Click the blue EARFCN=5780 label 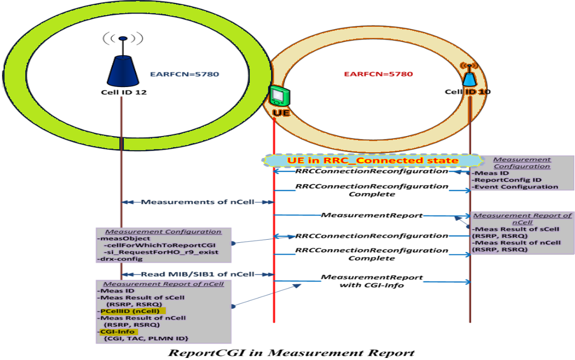click(x=184, y=74)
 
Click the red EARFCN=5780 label click(x=378, y=74)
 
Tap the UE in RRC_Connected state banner click(x=372, y=160)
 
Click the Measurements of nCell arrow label click(x=198, y=202)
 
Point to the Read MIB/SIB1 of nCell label click(x=198, y=274)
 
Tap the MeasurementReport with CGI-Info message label click(x=372, y=281)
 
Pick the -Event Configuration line click(x=515, y=187)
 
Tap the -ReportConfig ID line click(x=500, y=179)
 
